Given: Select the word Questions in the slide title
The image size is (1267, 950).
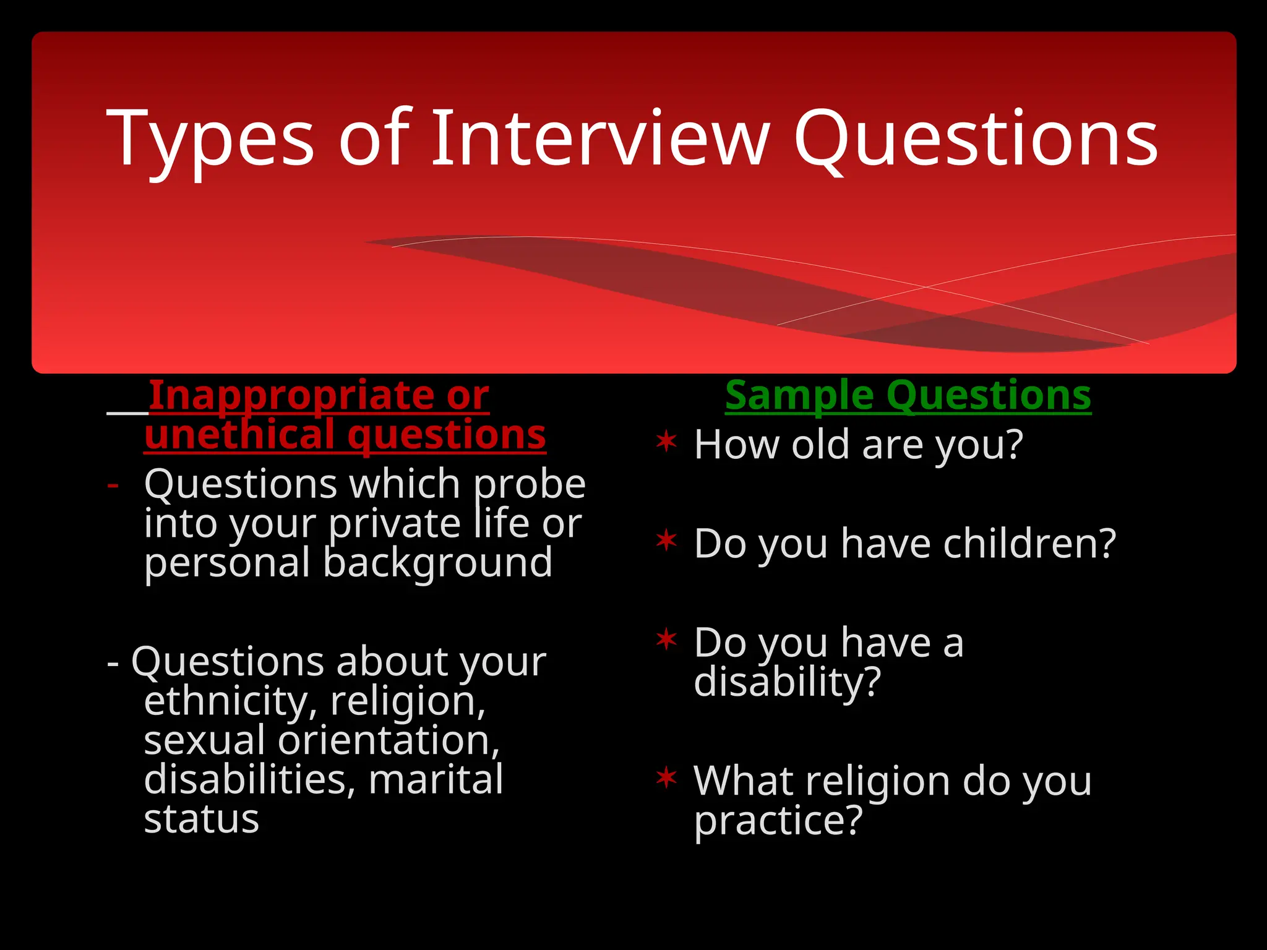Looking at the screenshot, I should click(976, 140).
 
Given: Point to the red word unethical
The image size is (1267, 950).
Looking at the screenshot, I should click(241, 434).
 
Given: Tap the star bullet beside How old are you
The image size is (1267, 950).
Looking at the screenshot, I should click(666, 443).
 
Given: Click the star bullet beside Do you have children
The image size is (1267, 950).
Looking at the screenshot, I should click(666, 541).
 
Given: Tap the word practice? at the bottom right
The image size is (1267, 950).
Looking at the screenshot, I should click(778, 821).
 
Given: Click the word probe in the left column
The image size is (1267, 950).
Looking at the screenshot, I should click(530, 485).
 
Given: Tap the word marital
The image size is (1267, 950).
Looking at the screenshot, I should click(436, 779).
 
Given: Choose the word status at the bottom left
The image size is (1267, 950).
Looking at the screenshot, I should click(201, 819).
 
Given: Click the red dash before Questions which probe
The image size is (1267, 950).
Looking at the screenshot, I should click(113, 485).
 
